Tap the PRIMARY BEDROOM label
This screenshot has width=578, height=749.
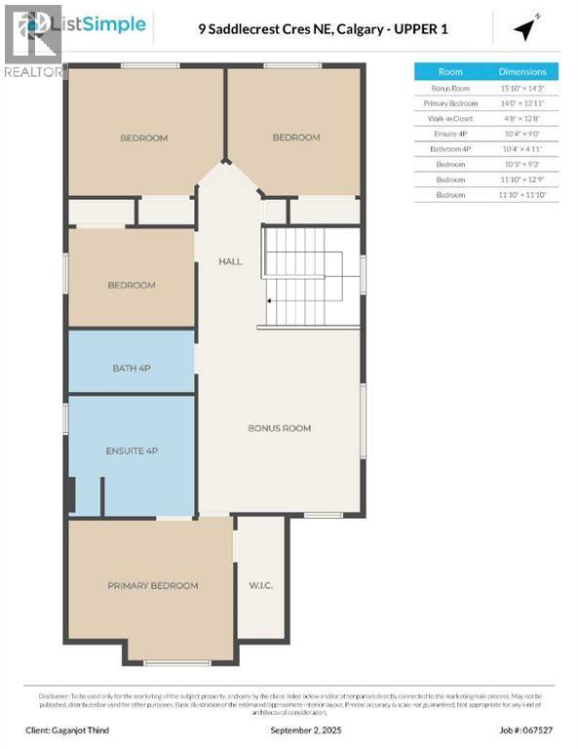click(x=152, y=585)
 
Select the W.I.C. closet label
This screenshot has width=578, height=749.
click(x=260, y=585)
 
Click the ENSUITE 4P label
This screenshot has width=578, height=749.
click(x=131, y=451)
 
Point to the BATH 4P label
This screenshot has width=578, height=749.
click(x=131, y=368)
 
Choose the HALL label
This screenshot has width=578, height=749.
click(x=230, y=261)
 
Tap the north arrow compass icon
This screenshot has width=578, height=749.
click(x=526, y=29)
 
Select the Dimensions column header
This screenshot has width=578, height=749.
click(x=522, y=71)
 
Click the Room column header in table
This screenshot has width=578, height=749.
click(x=450, y=71)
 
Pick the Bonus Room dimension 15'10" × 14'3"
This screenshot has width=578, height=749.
click(x=522, y=88)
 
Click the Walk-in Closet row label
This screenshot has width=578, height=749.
click(x=450, y=118)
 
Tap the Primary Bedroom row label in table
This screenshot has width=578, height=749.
click(x=450, y=102)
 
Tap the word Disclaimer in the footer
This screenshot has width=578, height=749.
click(x=56, y=695)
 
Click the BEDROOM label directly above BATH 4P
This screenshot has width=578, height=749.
click(x=131, y=285)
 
